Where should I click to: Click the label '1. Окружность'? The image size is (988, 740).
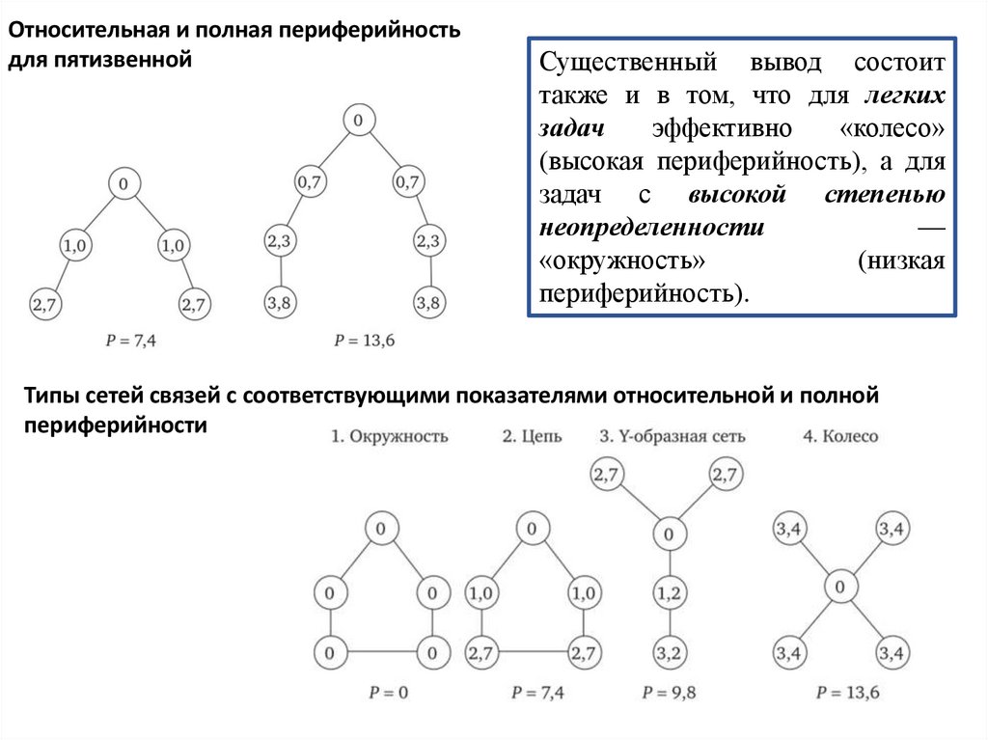point(390,436)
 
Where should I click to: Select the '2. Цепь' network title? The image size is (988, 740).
point(532,436)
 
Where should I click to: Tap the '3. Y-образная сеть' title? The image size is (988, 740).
point(672,436)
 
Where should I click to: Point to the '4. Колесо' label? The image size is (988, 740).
point(840,436)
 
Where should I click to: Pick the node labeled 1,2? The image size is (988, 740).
point(667,590)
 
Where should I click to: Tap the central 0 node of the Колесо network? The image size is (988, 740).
point(840,587)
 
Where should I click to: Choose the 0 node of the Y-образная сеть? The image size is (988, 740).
point(667,532)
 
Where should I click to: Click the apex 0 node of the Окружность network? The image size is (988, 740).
point(381,528)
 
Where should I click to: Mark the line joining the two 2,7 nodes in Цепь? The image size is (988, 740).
point(530,653)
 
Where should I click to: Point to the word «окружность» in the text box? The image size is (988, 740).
point(603,261)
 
